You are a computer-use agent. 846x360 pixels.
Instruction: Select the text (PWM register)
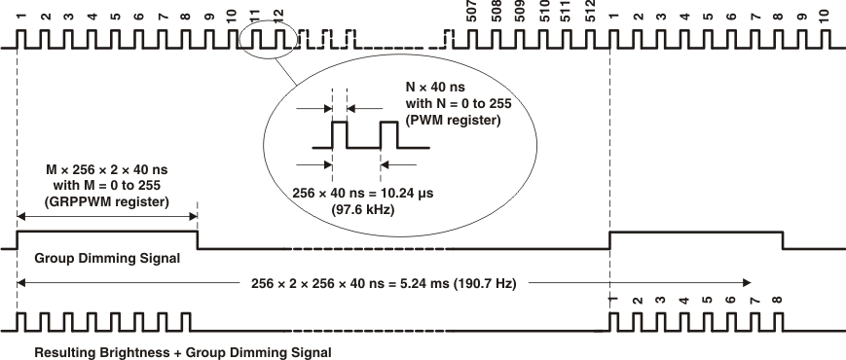(x=453, y=121)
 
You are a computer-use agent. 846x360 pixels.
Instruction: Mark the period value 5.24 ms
(x=426, y=284)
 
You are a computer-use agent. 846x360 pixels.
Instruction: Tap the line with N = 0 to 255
(x=453, y=103)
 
